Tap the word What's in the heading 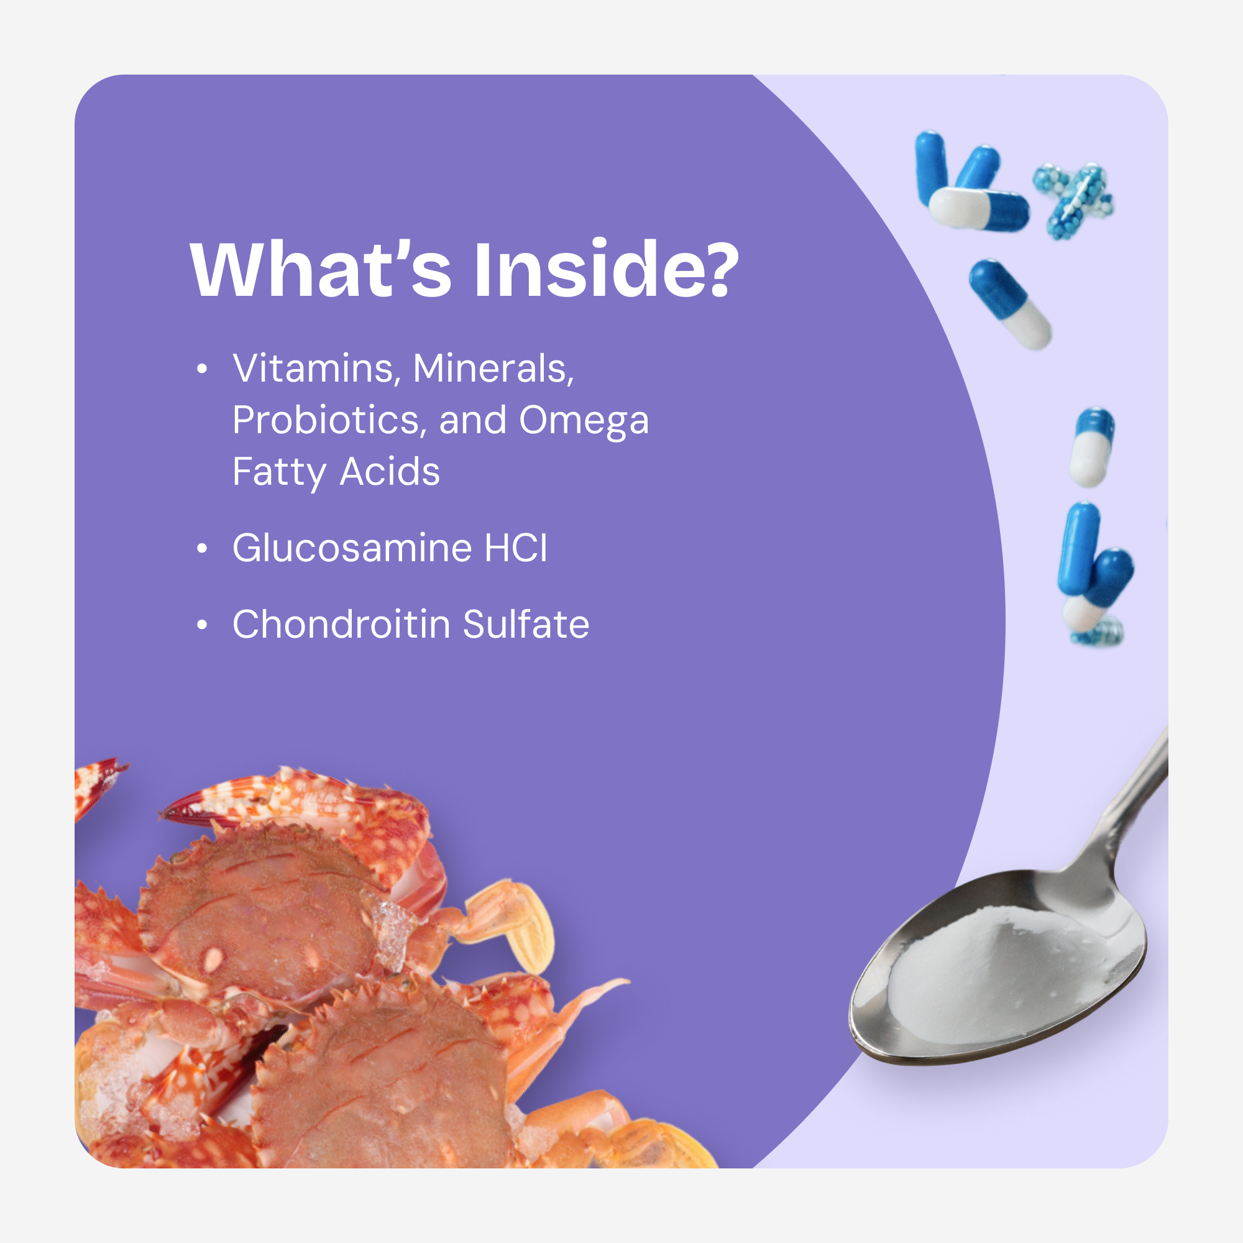pyautogui.click(x=321, y=268)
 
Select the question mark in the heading pyautogui.click(x=715, y=268)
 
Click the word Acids pyautogui.click(x=390, y=472)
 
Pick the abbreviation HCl pyautogui.click(x=516, y=548)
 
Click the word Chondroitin pyautogui.click(x=342, y=624)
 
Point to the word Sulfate pyautogui.click(x=526, y=624)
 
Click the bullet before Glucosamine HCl pyautogui.click(x=202, y=548)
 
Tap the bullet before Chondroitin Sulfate pyautogui.click(x=202, y=625)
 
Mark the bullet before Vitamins pyautogui.click(x=202, y=369)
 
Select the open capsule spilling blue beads pyautogui.click(x=1073, y=201)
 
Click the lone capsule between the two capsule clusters pyautogui.click(x=1010, y=305)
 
